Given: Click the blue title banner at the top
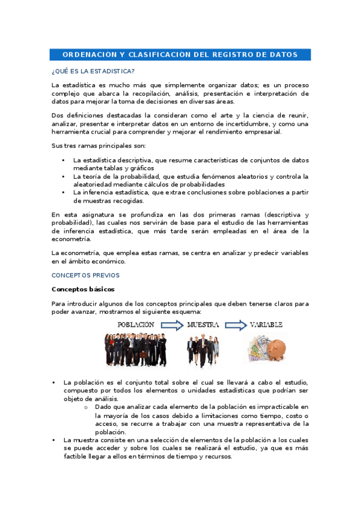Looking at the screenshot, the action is (180, 55).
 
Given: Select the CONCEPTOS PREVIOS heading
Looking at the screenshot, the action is (85, 275).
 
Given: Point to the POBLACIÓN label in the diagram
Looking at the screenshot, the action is (136, 324).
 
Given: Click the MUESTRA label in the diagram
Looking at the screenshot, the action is (202, 324).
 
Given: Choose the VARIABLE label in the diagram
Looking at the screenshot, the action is (266, 324).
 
